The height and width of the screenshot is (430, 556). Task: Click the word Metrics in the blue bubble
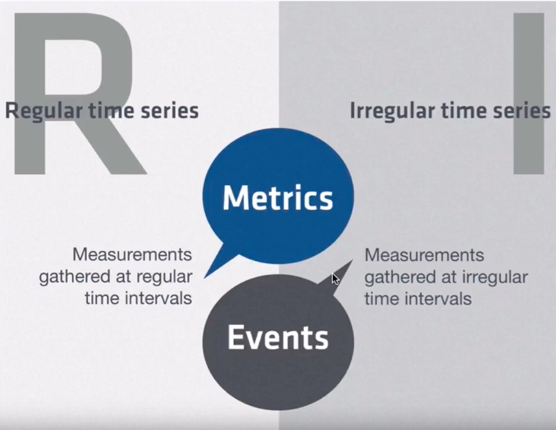(278, 197)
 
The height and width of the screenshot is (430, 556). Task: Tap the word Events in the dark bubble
(278, 338)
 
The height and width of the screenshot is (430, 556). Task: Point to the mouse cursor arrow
(335, 279)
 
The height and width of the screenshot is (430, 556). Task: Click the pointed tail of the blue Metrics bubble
(205, 277)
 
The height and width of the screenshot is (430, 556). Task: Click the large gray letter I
(529, 94)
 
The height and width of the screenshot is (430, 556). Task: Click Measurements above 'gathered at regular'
(133, 255)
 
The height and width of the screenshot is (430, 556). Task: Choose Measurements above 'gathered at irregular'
(424, 255)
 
